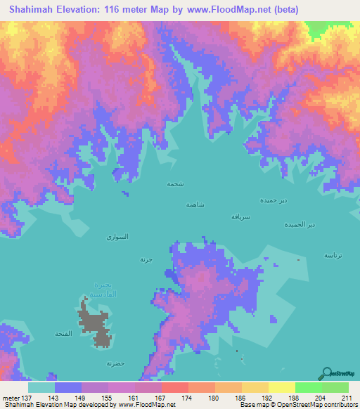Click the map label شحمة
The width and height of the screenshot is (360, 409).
pos(175,183)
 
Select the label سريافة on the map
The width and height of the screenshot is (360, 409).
pos(241,217)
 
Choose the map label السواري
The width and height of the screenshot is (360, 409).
pos(117,238)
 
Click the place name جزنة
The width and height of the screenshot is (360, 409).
pos(146,259)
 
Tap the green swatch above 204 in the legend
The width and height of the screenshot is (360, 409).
pos(309,387)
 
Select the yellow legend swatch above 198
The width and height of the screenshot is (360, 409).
pos(282,387)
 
